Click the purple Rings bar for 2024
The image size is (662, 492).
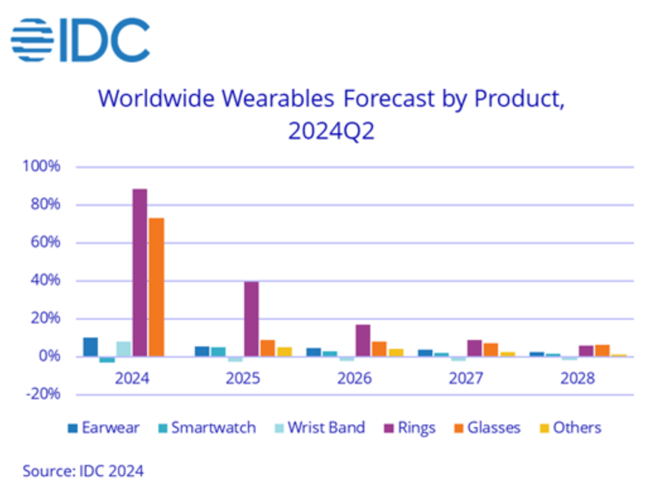click(x=139, y=272)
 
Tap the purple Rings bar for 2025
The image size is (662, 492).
click(x=251, y=319)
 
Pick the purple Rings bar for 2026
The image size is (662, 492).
click(x=363, y=341)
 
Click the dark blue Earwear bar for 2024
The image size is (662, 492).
click(x=90, y=347)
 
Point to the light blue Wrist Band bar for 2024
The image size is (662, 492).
click(x=124, y=349)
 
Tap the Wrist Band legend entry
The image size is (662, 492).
click(x=319, y=428)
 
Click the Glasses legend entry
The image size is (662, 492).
click(x=487, y=428)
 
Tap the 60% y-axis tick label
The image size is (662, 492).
click(x=44, y=243)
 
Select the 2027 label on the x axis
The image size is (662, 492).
click(x=466, y=378)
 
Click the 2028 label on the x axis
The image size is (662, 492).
click(x=578, y=378)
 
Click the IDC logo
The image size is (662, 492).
click(x=80, y=40)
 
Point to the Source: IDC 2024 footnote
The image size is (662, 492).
click(x=83, y=471)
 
